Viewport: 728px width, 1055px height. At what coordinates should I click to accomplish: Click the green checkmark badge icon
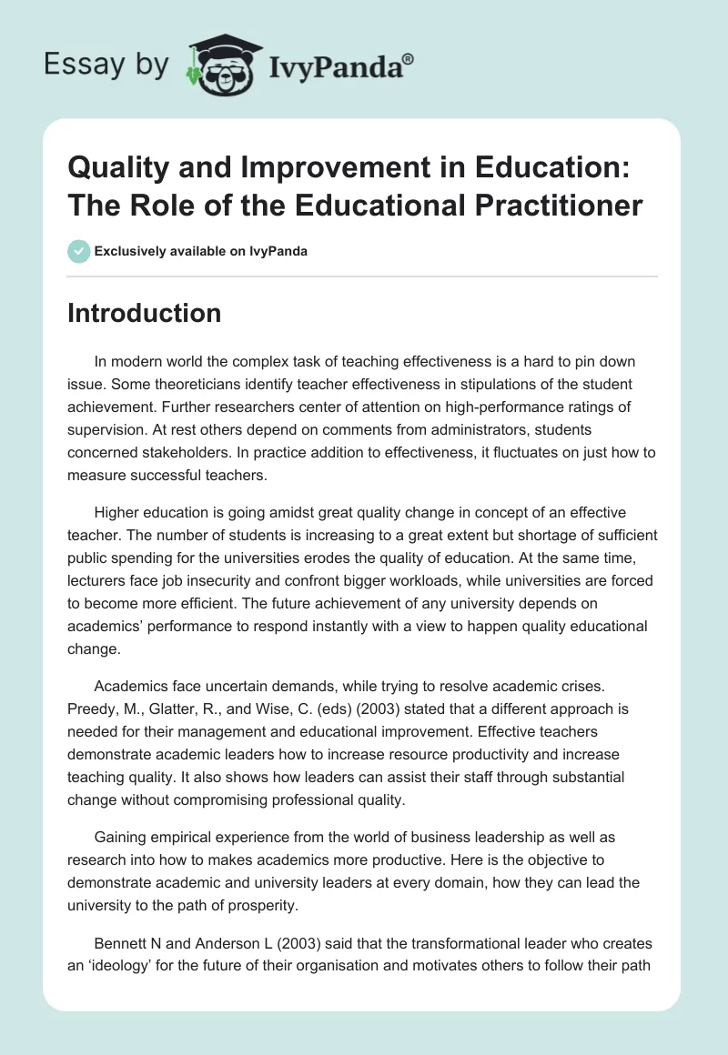tap(78, 251)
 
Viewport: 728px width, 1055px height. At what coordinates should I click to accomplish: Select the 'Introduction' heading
tap(145, 313)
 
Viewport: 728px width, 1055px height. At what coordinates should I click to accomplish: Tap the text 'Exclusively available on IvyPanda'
tap(200, 251)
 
